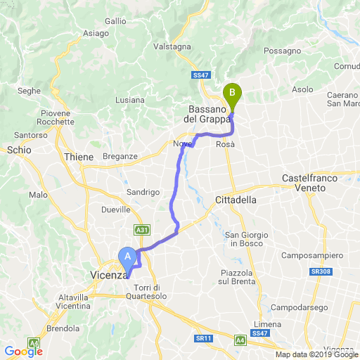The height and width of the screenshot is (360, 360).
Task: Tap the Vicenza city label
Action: (108, 276)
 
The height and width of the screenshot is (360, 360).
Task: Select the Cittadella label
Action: (235, 200)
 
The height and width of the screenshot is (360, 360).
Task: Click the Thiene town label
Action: (78, 157)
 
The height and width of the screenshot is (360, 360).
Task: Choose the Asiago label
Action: (96, 33)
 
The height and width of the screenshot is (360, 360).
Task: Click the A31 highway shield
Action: (141, 229)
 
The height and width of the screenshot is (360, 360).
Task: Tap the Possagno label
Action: (283, 51)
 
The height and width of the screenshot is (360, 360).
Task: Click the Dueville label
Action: (117, 210)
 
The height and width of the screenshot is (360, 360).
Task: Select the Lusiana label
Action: (130, 101)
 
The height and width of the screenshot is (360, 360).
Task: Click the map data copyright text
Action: (316, 354)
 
